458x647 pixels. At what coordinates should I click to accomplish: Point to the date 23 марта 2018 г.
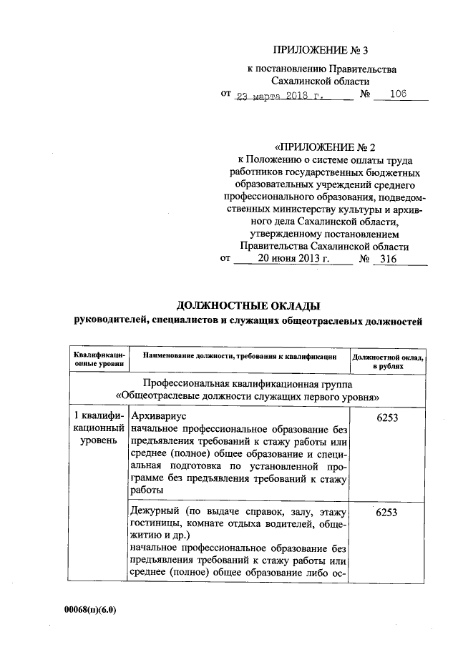click(x=281, y=95)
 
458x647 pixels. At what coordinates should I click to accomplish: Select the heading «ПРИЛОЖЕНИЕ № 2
click(x=320, y=148)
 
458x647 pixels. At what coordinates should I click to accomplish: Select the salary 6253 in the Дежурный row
click(x=387, y=512)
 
